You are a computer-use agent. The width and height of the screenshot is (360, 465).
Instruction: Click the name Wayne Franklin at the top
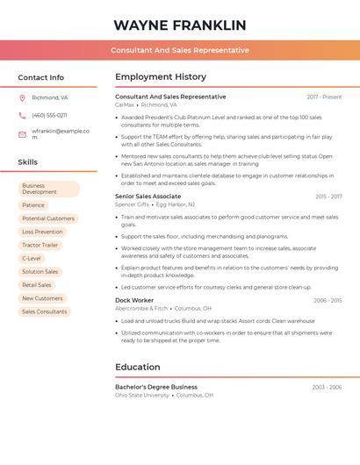coord(180,25)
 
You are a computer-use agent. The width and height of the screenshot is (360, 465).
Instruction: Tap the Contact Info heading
coord(41,77)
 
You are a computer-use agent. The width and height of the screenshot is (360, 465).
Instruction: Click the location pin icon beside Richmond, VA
coord(22,98)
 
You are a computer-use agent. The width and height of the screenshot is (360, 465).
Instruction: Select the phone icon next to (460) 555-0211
coord(22,115)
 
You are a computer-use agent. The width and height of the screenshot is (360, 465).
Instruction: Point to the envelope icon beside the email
coord(22,133)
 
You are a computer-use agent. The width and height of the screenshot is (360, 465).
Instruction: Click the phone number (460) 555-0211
coord(49,115)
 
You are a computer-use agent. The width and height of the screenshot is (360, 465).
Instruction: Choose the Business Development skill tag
coord(48,189)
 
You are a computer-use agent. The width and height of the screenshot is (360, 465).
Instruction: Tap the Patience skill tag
coord(33,205)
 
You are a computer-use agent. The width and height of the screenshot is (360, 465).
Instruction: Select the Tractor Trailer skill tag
coord(40,245)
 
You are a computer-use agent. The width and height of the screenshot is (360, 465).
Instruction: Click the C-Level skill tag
coord(32,258)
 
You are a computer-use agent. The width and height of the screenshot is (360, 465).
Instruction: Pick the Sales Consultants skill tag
coord(44,311)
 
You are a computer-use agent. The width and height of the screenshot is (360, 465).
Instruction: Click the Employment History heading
coord(160,77)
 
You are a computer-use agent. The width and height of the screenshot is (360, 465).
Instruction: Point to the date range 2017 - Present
coord(324,97)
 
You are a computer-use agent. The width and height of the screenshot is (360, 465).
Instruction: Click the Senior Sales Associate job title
coord(148,197)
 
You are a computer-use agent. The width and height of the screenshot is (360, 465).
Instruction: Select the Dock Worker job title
coord(134,300)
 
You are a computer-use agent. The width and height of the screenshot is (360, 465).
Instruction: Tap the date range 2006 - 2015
coord(328,300)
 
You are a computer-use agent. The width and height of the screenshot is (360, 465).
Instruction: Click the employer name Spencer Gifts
coord(133,204)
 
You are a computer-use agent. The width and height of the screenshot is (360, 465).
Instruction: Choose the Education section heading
coord(137,367)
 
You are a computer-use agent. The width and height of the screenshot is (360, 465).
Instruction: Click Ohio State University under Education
coord(142,395)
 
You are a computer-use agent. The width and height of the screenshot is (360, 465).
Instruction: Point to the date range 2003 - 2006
coord(327,387)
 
